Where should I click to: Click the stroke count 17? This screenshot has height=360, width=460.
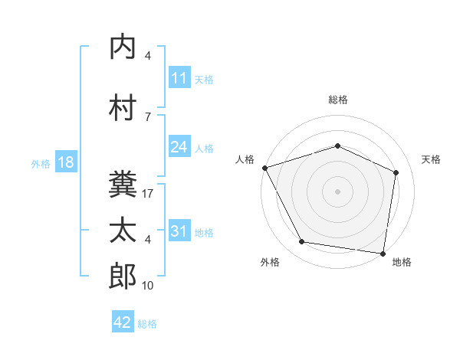coord(148,194)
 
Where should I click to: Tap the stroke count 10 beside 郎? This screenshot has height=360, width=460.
coord(148,286)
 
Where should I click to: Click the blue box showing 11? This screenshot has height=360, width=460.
coord(179,78)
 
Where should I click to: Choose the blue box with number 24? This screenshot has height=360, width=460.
coord(179,147)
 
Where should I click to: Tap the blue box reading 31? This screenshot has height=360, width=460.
coord(179,231)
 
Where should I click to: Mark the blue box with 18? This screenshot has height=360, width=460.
coord(65,162)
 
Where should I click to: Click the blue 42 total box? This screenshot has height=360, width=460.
coord(123,322)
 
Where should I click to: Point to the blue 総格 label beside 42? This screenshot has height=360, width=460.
coord(147,323)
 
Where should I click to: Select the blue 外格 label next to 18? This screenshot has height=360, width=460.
coord(41,163)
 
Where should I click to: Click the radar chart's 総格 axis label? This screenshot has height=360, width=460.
coord(338,100)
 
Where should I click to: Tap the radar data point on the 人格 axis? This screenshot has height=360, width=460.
coord(264,168)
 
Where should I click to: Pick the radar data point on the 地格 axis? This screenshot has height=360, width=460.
coord(383,253)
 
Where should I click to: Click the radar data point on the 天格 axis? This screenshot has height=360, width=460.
coord(396,172)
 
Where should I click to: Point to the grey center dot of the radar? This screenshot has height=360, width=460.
coord(338,191)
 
